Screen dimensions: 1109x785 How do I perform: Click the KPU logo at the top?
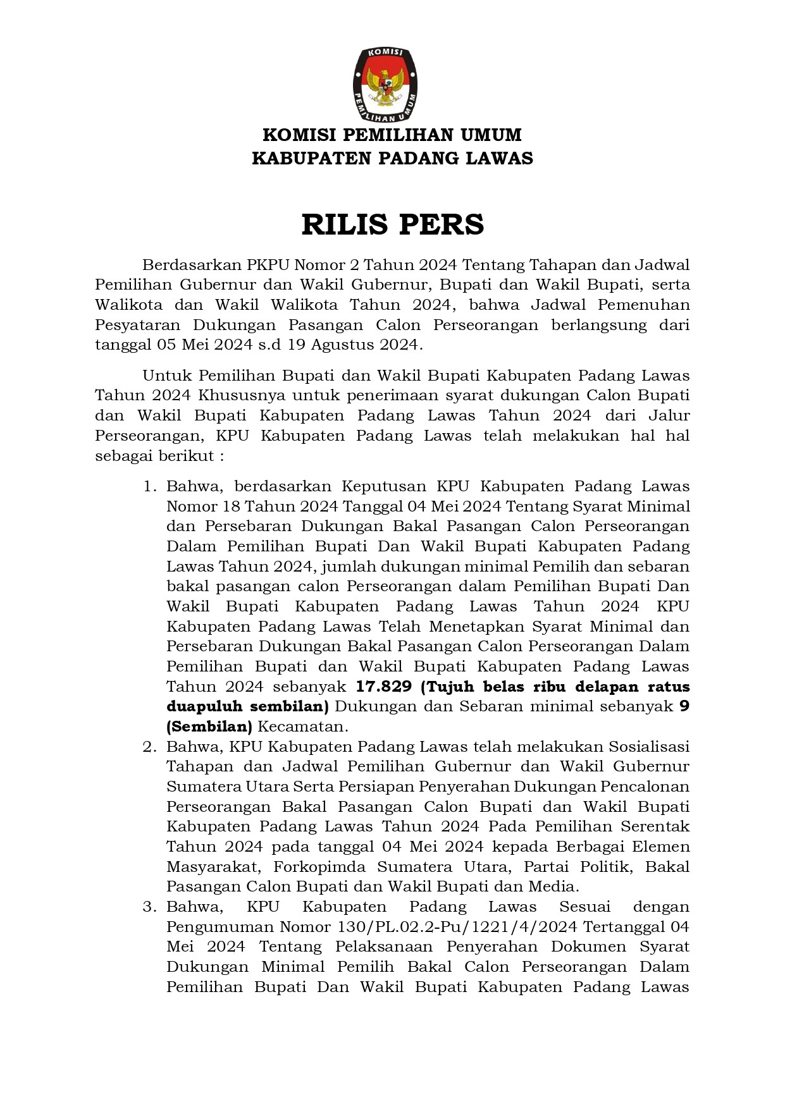(385, 85)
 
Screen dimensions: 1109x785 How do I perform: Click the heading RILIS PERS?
(392, 224)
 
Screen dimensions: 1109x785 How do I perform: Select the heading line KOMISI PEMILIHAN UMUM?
(392, 135)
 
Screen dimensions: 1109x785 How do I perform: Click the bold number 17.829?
(384, 687)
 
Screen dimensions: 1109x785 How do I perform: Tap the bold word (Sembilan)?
(209, 726)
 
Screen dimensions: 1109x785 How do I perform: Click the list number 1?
(149, 486)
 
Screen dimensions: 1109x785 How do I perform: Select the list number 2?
(149, 747)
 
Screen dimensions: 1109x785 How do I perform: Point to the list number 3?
(149, 907)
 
